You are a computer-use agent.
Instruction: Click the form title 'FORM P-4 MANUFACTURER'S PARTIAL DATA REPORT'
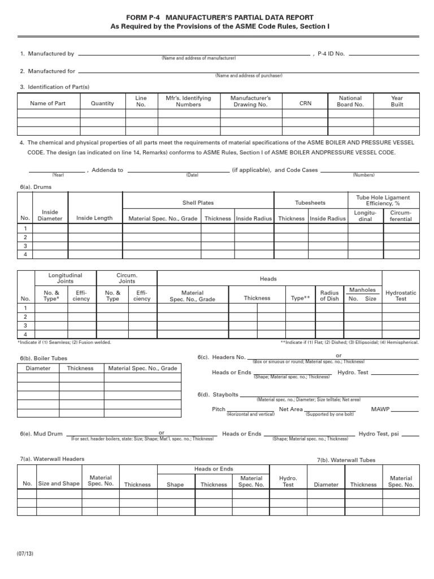click(216, 18)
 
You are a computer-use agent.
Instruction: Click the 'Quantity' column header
click(102, 103)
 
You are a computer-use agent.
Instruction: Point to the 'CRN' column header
click(305, 103)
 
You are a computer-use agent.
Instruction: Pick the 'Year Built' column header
click(397, 101)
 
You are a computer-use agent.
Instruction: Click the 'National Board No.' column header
click(350, 101)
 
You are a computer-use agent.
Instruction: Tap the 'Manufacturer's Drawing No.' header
click(250, 101)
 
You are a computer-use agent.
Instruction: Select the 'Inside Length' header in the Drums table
click(94, 218)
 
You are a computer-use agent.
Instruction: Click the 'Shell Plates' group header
click(198, 203)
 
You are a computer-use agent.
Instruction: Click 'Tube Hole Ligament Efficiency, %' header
click(383, 200)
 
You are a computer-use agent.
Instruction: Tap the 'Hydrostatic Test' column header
click(401, 296)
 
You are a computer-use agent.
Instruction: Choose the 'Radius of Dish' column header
click(329, 296)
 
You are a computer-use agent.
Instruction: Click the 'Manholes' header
click(362, 290)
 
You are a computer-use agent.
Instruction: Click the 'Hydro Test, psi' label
click(379, 434)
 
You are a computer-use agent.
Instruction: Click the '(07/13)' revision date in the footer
click(25, 554)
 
